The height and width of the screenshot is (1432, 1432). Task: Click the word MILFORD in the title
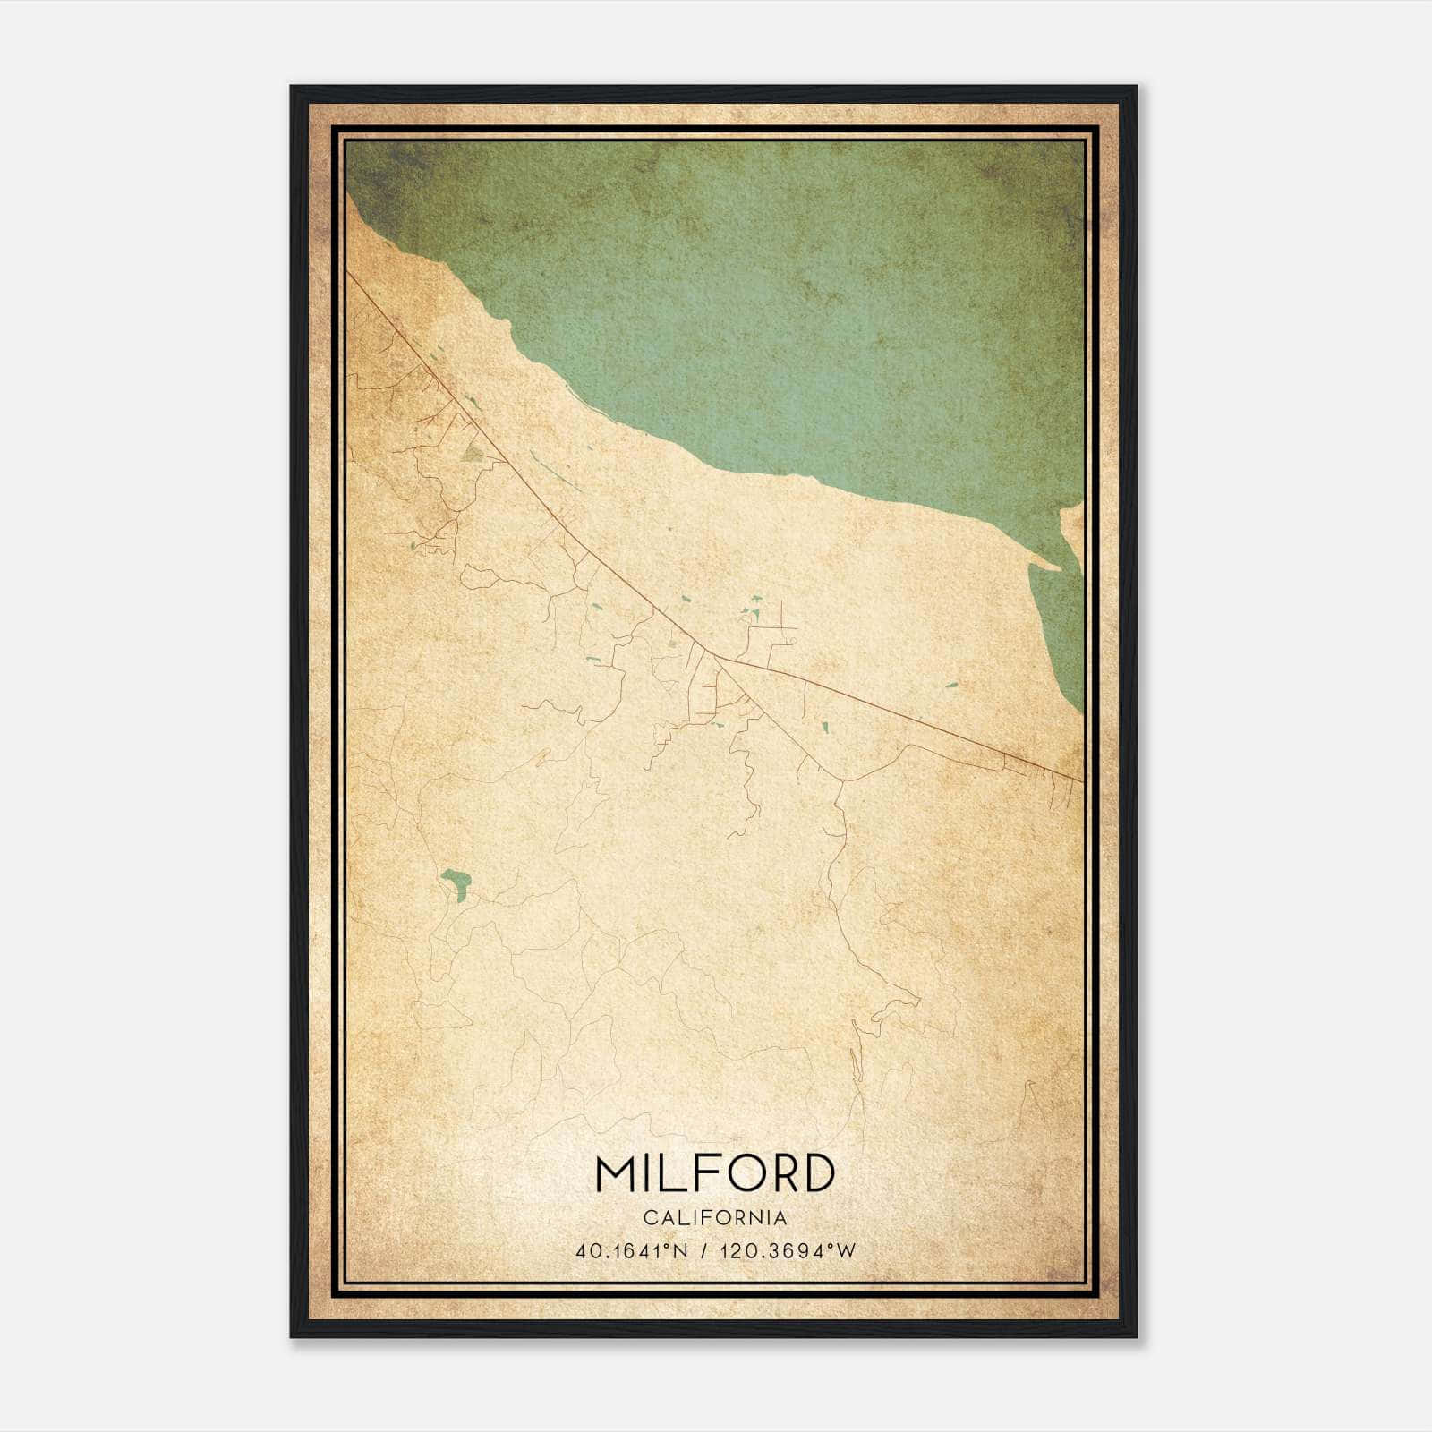pyautogui.click(x=715, y=1173)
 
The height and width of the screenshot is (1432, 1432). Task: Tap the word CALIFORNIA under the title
pyautogui.click(x=715, y=1218)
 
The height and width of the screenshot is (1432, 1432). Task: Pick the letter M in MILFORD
pyautogui.click(x=616, y=1173)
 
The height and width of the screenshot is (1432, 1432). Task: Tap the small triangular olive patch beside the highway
pyautogui.click(x=472, y=456)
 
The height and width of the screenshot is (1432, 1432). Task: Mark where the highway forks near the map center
pyautogui.click(x=717, y=657)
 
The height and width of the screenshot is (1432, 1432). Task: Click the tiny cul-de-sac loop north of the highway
pyautogui.click(x=792, y=642)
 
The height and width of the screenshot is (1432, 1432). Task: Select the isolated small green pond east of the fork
pyautogui.click(x=950, y=685)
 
